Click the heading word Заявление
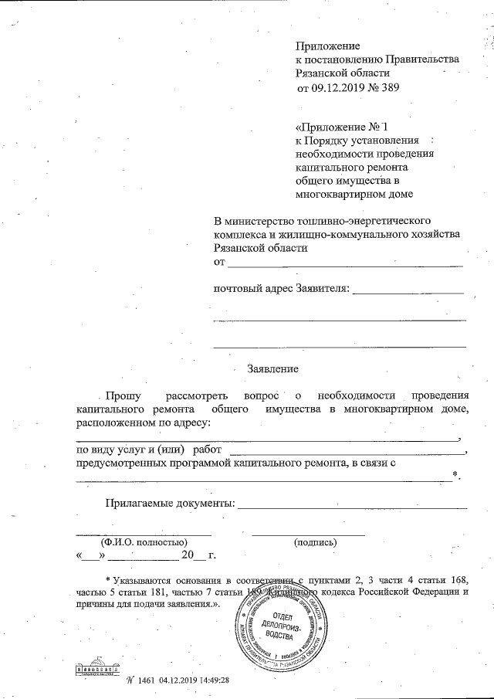[272, 369]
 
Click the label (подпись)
[315, 542]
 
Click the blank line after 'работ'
[348, 453]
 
